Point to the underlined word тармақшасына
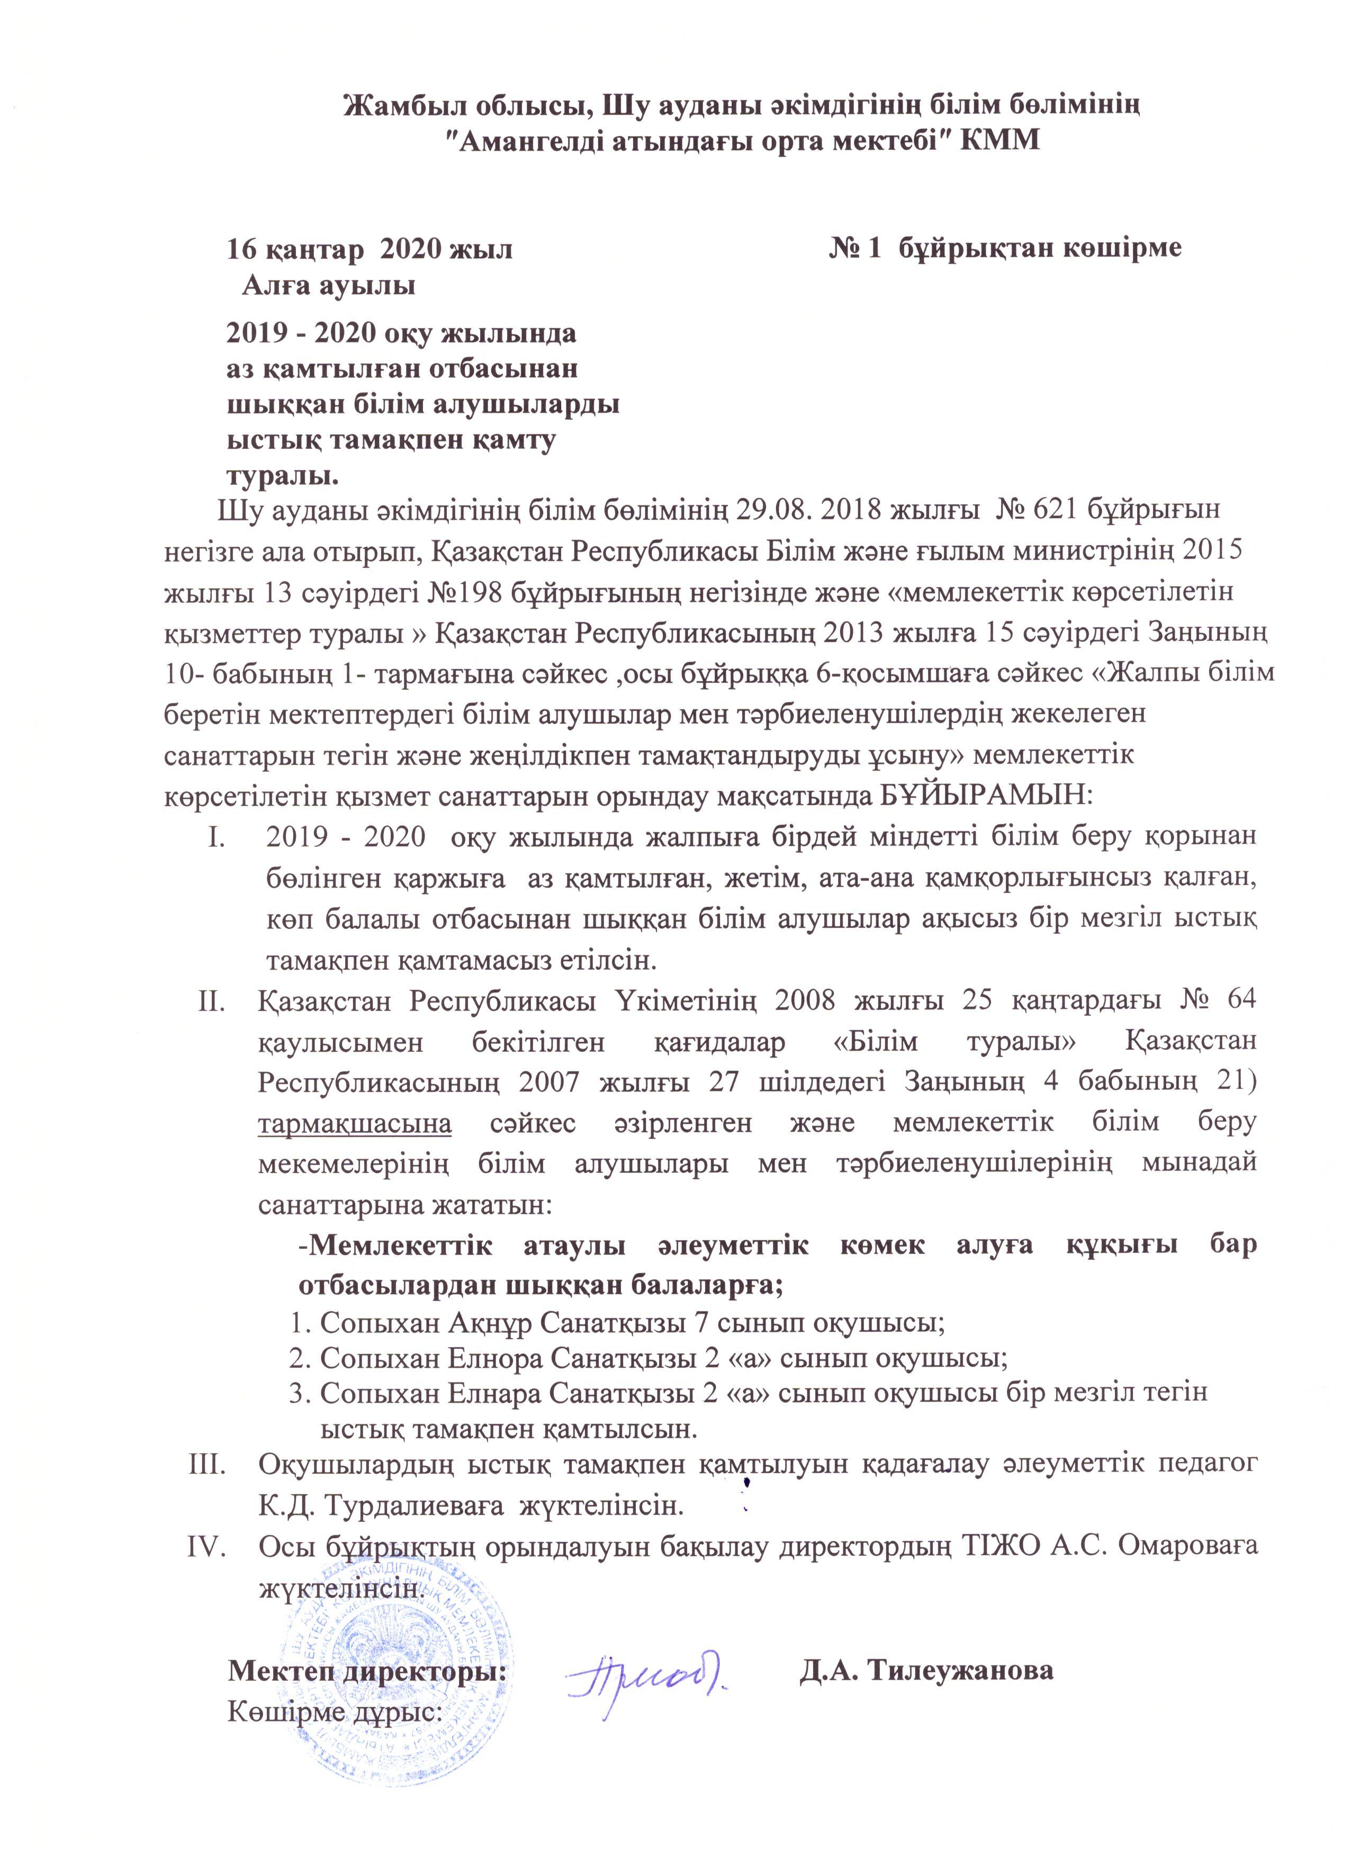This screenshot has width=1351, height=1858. point(355,1122)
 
